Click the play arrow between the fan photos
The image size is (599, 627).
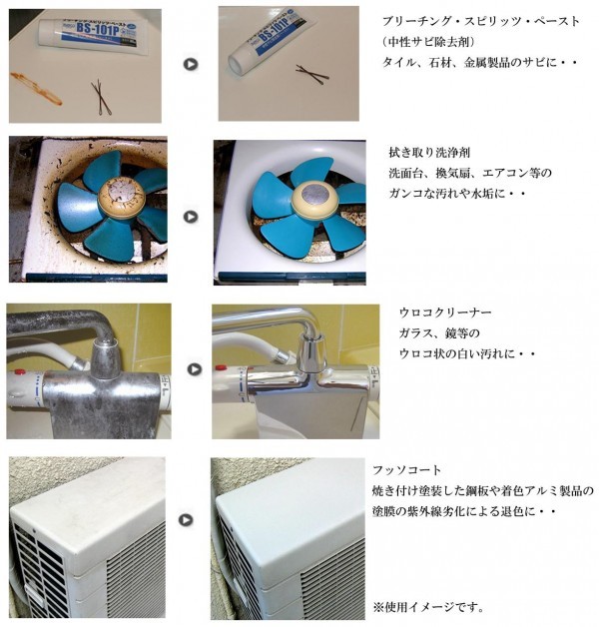191,217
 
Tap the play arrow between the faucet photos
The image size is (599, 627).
195,369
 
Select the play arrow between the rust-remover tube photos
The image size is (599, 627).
191,64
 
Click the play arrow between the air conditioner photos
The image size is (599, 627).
185,520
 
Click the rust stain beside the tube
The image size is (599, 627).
36,88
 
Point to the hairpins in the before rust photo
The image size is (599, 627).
101,99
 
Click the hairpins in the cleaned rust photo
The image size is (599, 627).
312,74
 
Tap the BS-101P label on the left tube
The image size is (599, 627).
99,30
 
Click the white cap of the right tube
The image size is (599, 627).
238,63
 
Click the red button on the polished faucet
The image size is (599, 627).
221,367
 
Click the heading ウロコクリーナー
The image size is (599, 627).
445,313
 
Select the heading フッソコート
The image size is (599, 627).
406,470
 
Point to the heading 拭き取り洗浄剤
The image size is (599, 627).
429,153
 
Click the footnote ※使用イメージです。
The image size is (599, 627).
428,607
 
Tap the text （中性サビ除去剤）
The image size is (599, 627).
428,41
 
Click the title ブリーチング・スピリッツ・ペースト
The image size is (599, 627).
481,21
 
